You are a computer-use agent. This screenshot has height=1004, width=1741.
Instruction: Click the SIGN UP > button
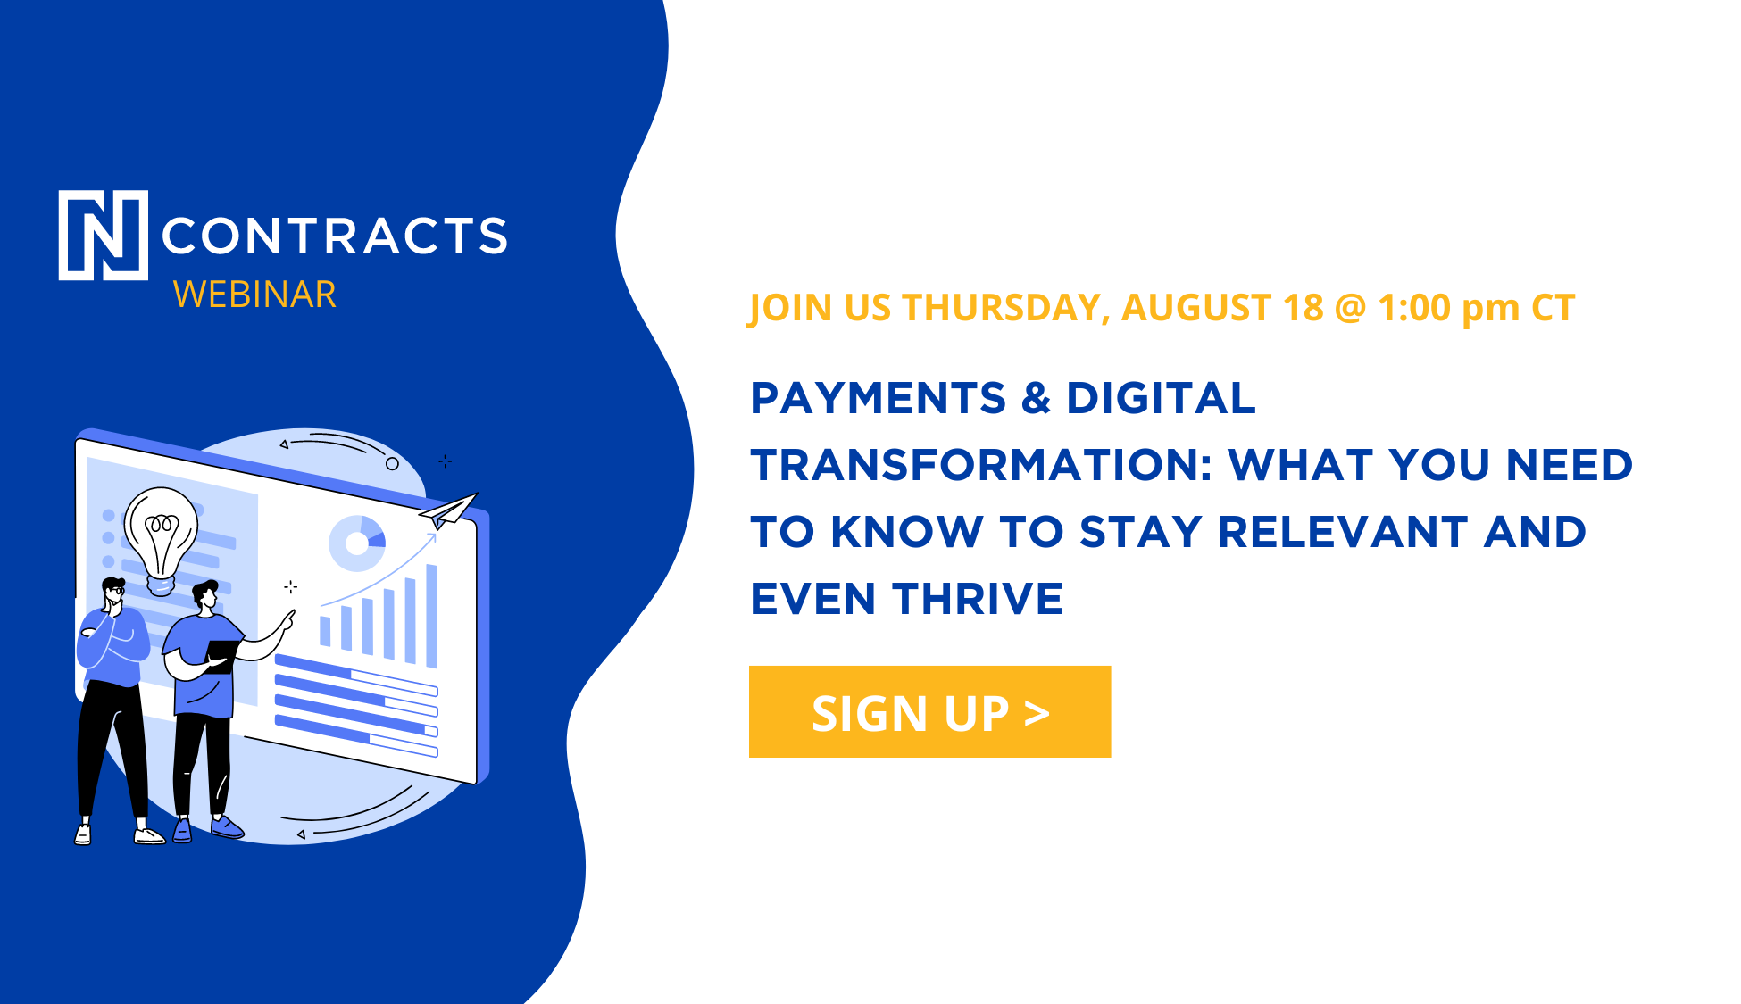click(x=929, y=711)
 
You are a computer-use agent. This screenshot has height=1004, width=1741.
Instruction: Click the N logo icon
click(x=104, y=235)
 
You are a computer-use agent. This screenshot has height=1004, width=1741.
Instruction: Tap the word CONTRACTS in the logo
click(x=334, y=236)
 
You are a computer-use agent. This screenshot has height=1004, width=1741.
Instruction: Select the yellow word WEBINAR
click(x=254, y=295)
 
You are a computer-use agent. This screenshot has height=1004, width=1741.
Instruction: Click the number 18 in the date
click(x=1304, y=308)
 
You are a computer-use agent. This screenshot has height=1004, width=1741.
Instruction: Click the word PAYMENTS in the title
click(x=879, y=398)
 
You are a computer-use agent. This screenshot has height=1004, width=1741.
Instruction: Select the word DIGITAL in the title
click(x=1161, y=398)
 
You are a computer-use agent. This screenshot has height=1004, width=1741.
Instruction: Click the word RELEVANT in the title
click(x=1342, y=532)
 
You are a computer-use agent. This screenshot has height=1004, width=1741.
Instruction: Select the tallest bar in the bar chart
click(x=431, y=616)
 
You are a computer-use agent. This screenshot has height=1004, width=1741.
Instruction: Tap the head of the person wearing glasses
click(x=113, y=595)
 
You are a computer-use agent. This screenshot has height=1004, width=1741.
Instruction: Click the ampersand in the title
click(x=1036, y=398)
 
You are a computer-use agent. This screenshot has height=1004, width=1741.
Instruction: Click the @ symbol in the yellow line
click(x=1351, y=309)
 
